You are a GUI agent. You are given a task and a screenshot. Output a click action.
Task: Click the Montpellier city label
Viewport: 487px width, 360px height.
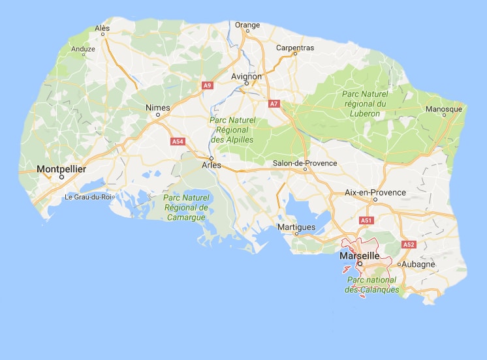pos(62,169)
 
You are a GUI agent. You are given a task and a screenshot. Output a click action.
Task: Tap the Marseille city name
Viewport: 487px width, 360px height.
pos(360,256)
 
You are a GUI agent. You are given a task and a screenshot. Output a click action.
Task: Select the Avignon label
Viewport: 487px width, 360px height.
pos(247,76)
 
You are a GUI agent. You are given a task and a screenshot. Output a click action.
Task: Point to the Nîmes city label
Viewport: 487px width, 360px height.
pos(159,108)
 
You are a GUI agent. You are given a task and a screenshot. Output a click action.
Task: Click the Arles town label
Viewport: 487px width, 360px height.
pos(212,166)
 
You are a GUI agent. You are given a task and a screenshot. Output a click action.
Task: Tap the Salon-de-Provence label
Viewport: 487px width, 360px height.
pos(305,163)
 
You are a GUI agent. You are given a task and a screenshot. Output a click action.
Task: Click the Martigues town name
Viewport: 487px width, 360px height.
pos(296,227)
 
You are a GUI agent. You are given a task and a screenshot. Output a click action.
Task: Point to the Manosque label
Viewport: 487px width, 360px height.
pos(444,109)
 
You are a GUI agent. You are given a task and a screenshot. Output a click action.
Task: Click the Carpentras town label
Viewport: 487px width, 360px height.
pos(295,48)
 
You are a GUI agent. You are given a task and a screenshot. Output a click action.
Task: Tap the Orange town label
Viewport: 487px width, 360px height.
pos(247,25)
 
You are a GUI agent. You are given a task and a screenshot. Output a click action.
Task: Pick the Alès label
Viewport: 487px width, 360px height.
pos(102,29)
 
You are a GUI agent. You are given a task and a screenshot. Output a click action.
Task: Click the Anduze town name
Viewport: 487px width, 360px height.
pos(83,49)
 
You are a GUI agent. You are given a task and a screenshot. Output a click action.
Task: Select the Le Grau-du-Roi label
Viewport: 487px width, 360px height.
pos(89,196)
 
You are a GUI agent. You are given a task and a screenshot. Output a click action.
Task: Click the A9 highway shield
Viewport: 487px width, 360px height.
pos(208,85)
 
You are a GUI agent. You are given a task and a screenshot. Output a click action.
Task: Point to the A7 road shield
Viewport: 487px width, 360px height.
pos(275,103)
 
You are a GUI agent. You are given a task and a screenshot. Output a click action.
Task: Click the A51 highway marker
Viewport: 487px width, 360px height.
pos(367,220)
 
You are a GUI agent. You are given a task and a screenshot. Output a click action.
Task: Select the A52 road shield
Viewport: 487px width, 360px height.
pos(409,245)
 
